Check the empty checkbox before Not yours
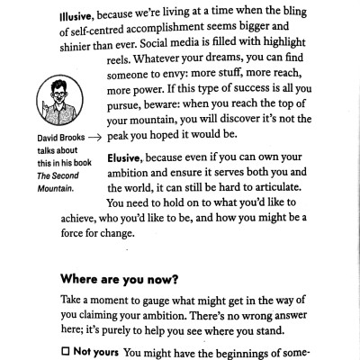(65, 348)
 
